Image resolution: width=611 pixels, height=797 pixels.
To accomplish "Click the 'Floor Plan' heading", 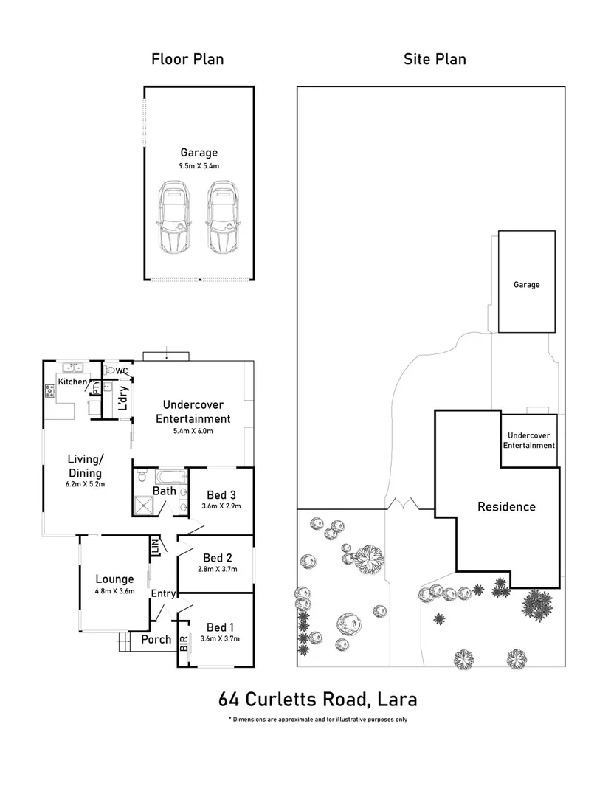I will pyautogui.click(x=187, y=59).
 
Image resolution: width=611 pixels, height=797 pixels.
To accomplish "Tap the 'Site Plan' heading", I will pyautogui.click(x=435, y=59).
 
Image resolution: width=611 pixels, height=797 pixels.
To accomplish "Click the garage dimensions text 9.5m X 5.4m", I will pyautogui.click(x=199, y=166).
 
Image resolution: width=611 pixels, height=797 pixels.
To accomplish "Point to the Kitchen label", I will pyautogui.click(x=73, y=382).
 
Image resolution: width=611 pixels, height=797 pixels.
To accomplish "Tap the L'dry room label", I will pyautogui.click(x=124, y=399).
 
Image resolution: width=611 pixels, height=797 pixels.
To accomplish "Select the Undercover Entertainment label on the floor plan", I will pyautogui.click(x=197, y=412).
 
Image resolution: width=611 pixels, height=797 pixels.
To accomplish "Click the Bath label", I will pyautogui.click(x=164, y=491).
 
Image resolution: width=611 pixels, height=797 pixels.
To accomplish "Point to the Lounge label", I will pyautogui.click(x=114, y=579).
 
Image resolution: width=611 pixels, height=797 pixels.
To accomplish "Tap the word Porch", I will pyautogui.click(x=156, y=640).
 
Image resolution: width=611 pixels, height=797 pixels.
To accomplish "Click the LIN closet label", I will pyautogui.click(x=155, y=548).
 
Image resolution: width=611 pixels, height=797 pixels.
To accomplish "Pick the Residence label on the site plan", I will pyautogui.click(x=506, y=507).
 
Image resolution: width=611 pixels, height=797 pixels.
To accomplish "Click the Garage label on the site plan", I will pyautogui.click(x=527, y=285).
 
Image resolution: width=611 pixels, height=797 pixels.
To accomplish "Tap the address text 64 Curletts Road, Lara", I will pyautogui.click(x=318, y=698).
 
